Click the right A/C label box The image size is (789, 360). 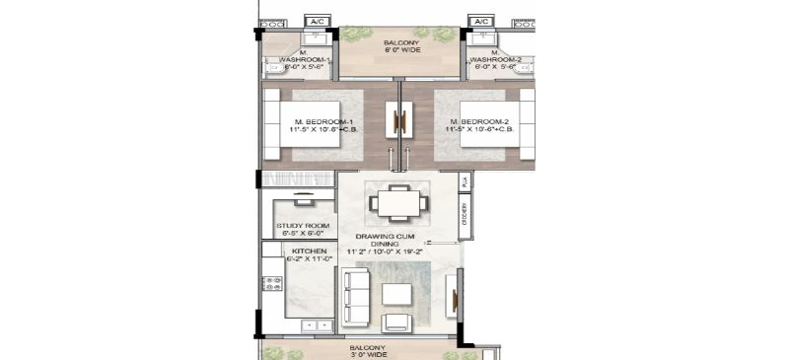(481, 21)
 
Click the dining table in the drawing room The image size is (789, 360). (399, 203)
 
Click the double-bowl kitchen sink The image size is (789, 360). (318, 324)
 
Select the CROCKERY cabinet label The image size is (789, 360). (464, 214)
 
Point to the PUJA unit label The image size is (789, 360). (464, 182)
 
